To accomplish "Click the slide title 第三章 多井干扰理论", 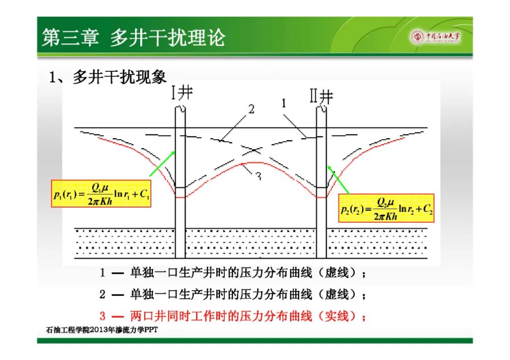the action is [x=133, y=37].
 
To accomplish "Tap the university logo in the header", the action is [x=435, y=36].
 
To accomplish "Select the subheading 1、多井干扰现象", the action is [x=108, y=77].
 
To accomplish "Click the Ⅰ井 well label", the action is [x=182, y=92].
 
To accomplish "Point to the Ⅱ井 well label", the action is [x=322, y=97].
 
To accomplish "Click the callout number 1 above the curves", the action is [x=284, y=103].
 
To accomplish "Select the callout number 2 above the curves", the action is [x=251, y=109].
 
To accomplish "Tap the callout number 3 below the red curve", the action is [x=259, y=176].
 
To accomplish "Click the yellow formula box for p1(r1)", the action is [x=101, y=193].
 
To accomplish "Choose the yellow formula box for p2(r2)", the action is [x=386, y=208].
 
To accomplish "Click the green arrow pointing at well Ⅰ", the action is [x=162, y=164].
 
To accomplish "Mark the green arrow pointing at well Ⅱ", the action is [x=338, y=180].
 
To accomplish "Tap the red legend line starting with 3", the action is [x=233, y=316].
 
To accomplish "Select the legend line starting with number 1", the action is [x=233, y=273].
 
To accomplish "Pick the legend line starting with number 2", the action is [x=233, y=294].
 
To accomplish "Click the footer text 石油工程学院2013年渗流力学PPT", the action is [x=102, y=330].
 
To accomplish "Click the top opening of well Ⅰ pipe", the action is [x=180, y=109].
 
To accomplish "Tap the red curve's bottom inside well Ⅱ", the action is [x=322, y=197].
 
